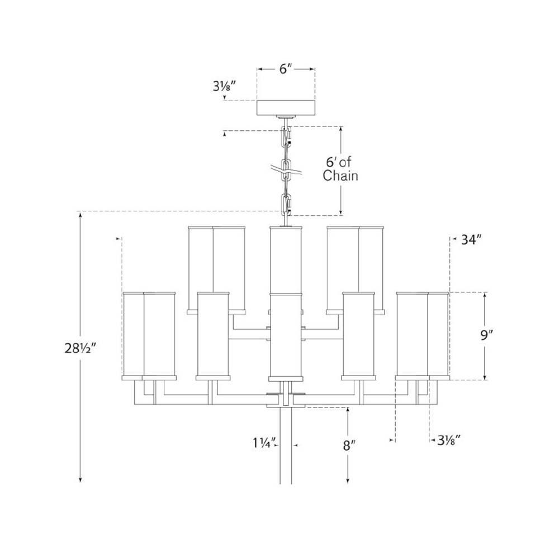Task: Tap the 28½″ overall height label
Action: tap(80, 348)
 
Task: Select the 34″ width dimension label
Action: tap(469, 240)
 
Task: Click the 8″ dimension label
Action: tap(348, 446)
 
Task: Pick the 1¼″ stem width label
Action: tap(264, 443)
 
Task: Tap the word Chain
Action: tap(340, 176)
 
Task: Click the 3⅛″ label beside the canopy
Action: tap(225, 86)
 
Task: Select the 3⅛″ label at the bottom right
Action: tap(447, 440)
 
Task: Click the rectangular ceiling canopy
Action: tap(286, 108)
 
